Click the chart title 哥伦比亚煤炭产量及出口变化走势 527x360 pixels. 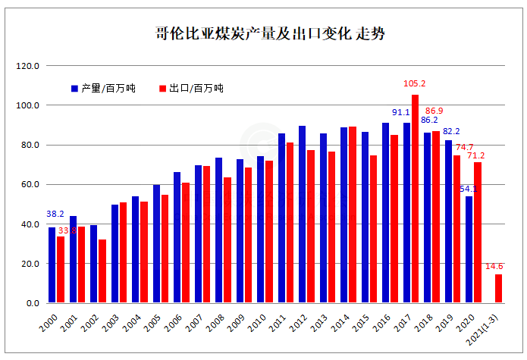point(264,33)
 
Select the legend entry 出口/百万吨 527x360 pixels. point(191,88)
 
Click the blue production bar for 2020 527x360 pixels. point(469,249)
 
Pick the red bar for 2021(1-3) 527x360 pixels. point(498,289)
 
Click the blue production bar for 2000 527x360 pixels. point(52,265)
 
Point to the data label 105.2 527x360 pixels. point(415,84)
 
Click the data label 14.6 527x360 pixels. point(494,266)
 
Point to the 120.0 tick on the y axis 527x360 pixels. point(28,66)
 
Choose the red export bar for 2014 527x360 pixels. point(352,215)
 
